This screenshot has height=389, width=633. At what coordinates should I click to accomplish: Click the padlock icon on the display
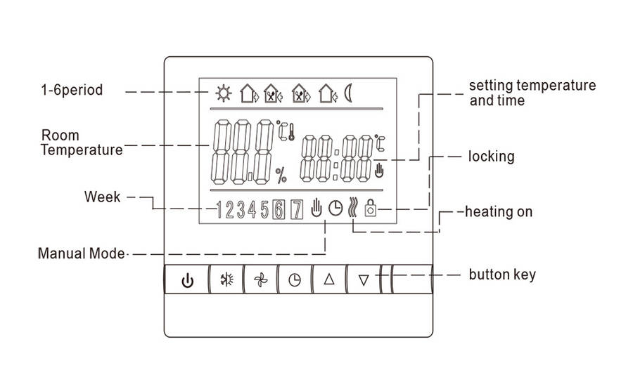pos(370,209)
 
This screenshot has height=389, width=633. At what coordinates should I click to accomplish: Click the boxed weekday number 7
pos(296,209)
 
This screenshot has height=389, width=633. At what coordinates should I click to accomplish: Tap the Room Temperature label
pos(82,142)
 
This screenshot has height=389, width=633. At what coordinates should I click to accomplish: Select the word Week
pos(103,197)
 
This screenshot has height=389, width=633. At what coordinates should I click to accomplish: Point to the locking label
pos(492,156)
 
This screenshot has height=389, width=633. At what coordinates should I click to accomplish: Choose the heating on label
pos(500,211)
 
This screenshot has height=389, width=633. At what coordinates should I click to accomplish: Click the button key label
pos(502,273)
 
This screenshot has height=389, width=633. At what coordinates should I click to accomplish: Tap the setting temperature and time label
pos(532,93)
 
